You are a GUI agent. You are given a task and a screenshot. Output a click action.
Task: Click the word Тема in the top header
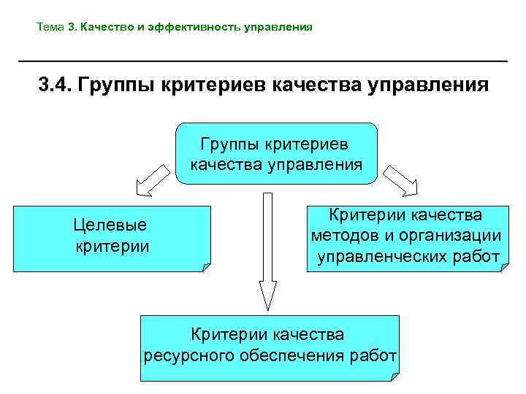(x=50, y=28)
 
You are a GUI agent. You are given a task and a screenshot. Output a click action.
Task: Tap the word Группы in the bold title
(x=123, y=87)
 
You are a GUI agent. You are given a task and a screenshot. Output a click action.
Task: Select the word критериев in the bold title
(x=219, y=87)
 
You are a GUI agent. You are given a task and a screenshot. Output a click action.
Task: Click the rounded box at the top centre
(x=276, y=152)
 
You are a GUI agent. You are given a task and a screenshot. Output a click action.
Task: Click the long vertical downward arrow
(x=267, y=248)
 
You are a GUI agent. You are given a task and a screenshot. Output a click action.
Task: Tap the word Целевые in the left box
(x=111, y=225)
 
